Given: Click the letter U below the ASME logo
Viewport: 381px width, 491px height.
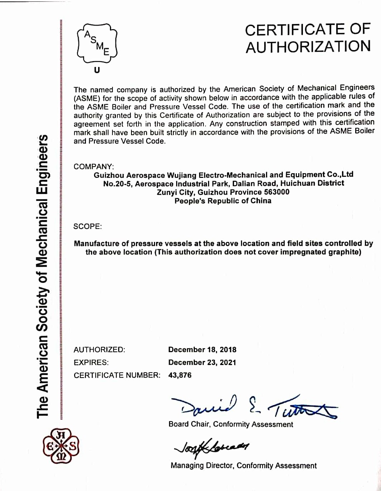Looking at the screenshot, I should click(x=97, y=70).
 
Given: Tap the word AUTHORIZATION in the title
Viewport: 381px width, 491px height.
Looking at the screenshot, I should click(x=308, y=47).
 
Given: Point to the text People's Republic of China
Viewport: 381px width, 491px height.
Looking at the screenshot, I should click(x=223, y=201).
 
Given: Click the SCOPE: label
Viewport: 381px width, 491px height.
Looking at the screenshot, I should click(x=88, y=226).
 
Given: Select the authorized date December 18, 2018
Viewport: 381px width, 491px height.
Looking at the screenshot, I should click(x=202, y=350).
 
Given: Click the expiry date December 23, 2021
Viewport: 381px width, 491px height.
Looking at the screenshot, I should click(x=202, y=363).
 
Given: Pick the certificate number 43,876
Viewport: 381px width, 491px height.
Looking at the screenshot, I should click(x=180, y=375).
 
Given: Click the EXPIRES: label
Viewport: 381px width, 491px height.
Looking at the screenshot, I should click(x=91, y=363).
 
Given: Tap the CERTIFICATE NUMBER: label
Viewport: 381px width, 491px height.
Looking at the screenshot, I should click(x=117, y=375).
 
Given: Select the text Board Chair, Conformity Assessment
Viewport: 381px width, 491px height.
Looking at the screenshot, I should click(x=231, y=424).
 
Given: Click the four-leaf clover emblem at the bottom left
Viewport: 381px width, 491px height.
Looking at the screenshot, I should click(x=61, y=447).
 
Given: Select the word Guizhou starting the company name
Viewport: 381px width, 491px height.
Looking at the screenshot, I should click(x=109, y=175).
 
